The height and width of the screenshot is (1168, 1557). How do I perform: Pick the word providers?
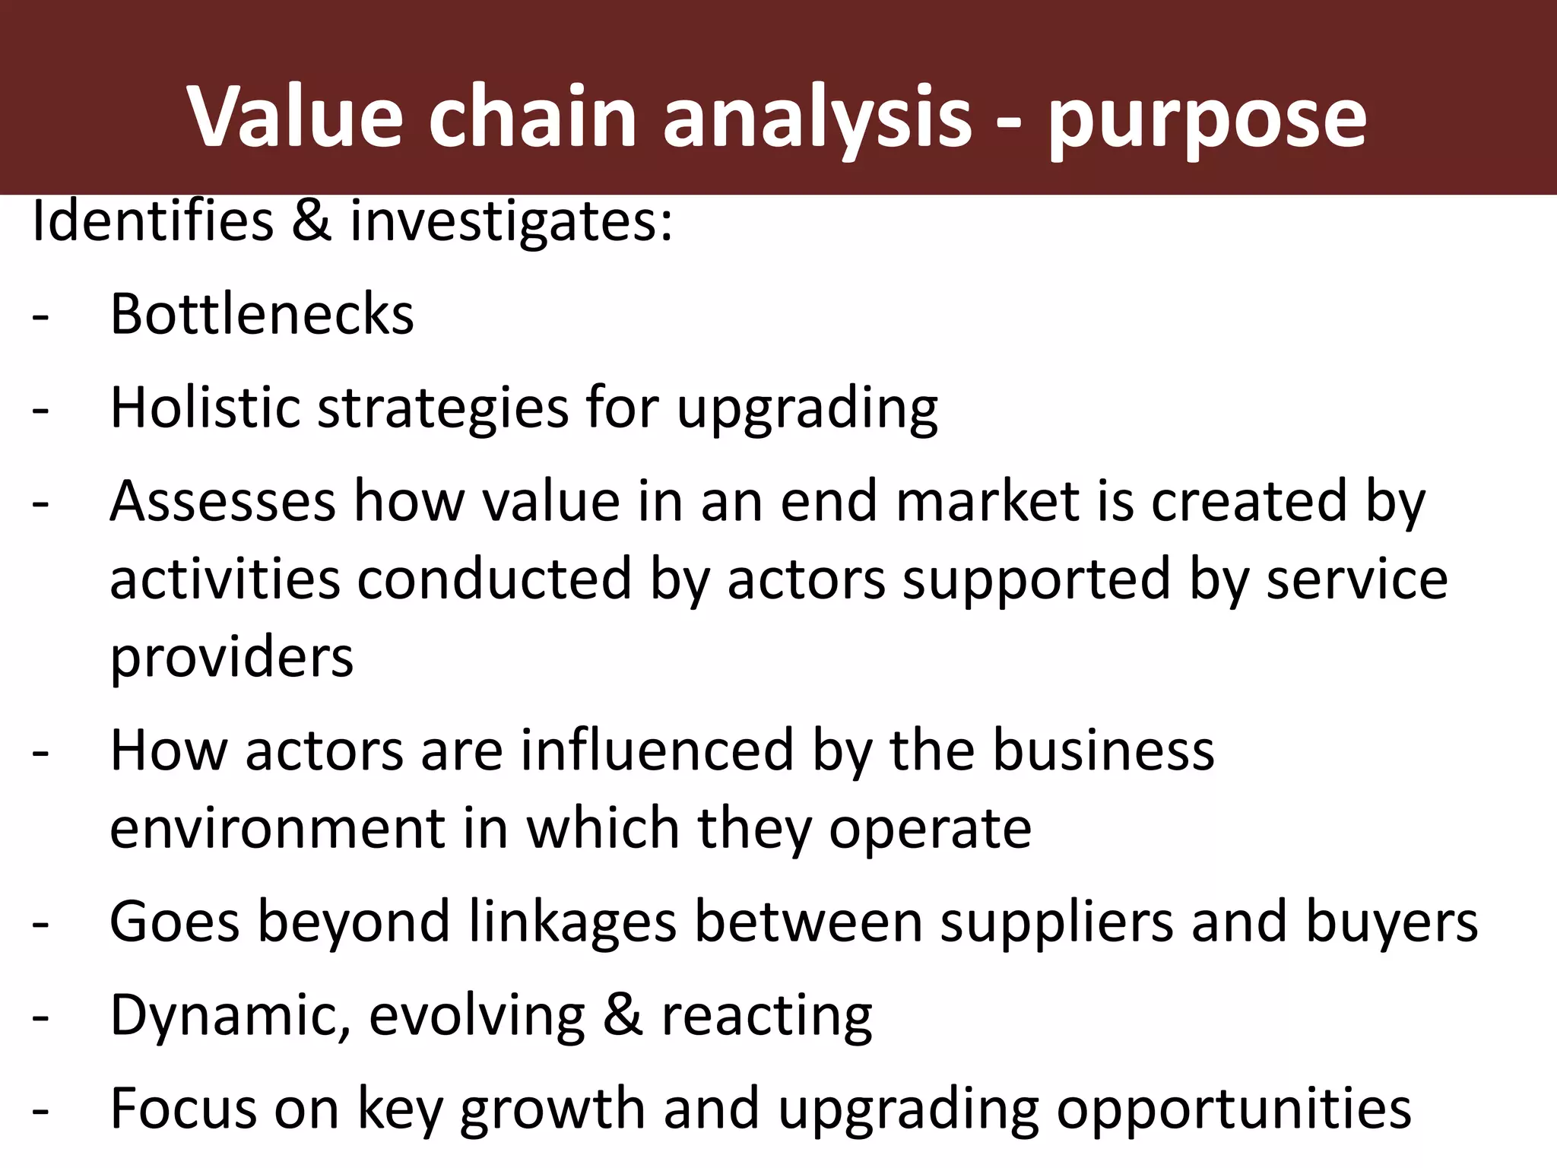click(232, 658)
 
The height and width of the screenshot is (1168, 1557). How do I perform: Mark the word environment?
click(277, 828)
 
